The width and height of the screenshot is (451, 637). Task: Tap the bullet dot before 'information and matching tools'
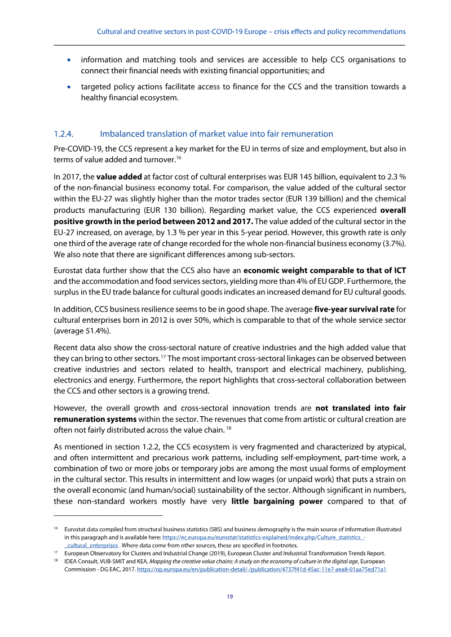click(x=69, y=60)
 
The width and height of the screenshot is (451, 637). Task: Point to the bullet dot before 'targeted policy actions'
click(x=69, y=87)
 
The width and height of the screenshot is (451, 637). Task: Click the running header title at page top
click(x=251, y=32)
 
